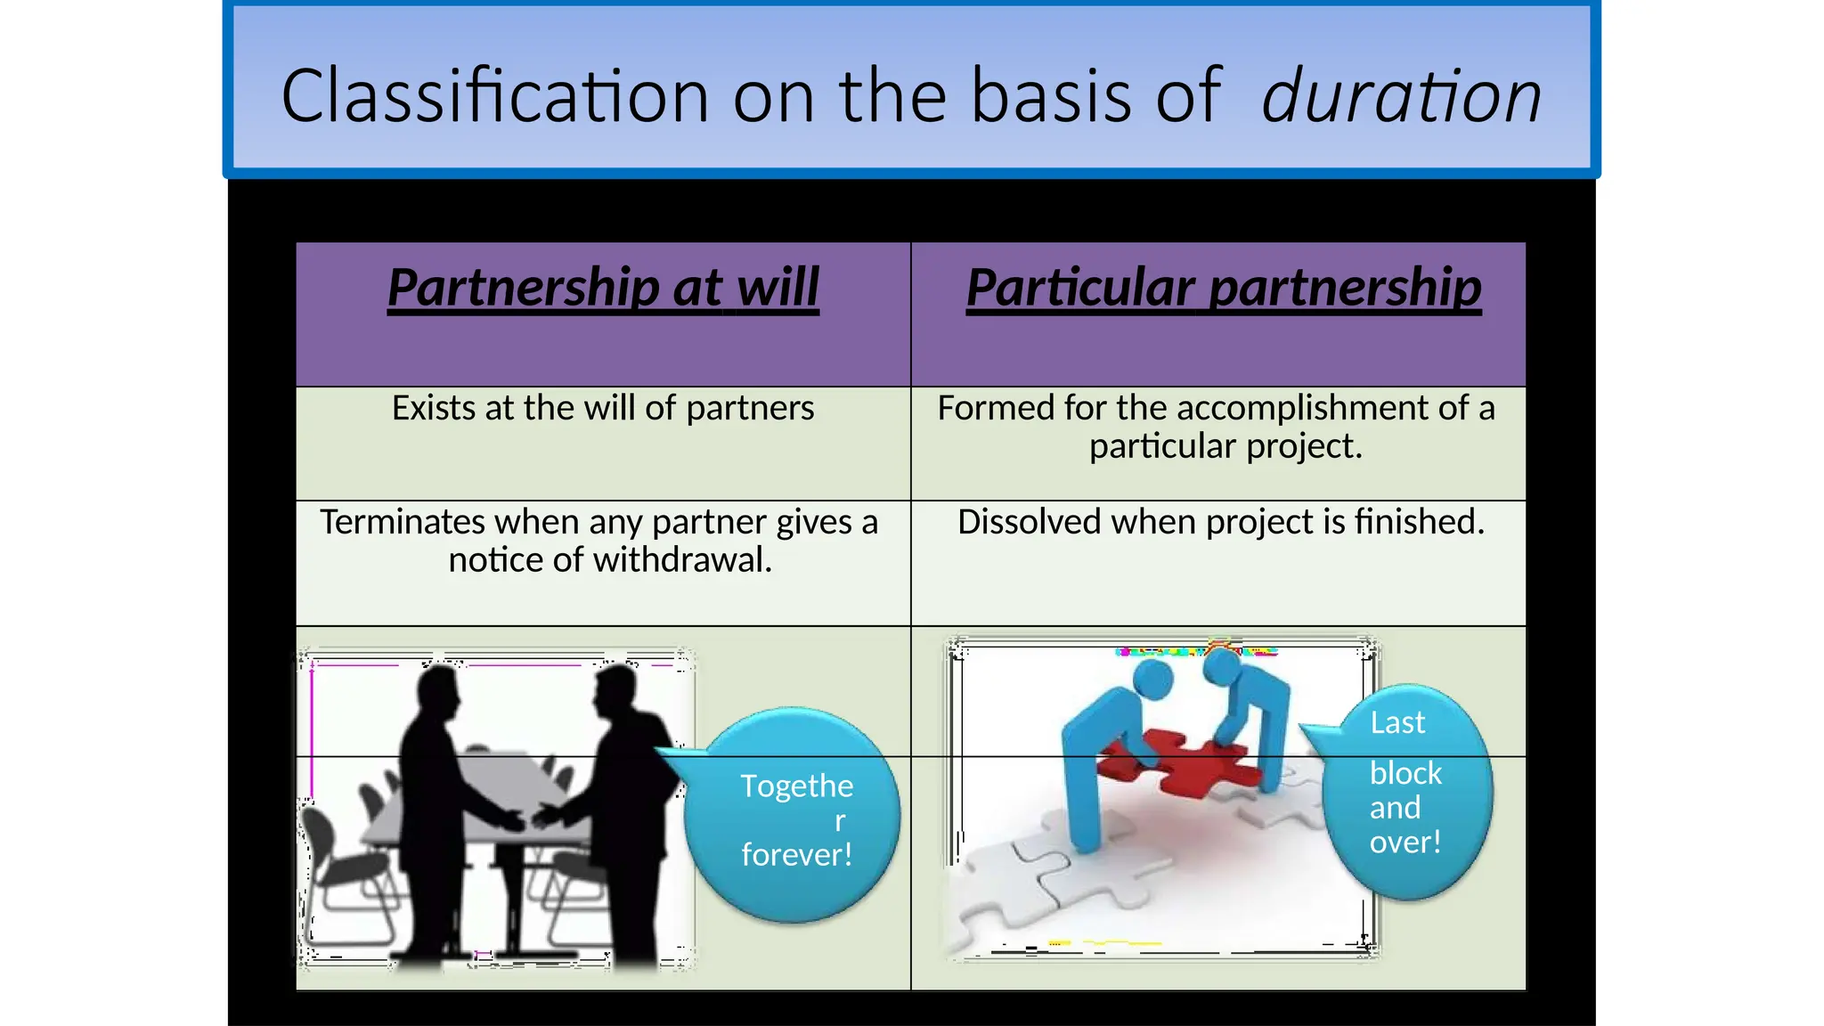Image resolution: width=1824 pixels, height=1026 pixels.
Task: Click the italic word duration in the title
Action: click(1401, 96)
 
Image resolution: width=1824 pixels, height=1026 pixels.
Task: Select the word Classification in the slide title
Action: click(494, 96)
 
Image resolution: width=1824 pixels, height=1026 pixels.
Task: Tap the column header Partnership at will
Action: click(603, 288)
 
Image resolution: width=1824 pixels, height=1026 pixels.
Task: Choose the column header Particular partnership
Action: click(1224, 288)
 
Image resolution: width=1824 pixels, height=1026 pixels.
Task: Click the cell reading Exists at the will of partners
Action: click(603, 408)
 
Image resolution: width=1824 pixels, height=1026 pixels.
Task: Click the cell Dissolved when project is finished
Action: click(1221, 522)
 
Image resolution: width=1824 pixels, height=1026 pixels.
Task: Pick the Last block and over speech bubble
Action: click(1405, 793)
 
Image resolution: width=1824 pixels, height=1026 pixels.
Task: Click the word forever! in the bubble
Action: click(797, 855)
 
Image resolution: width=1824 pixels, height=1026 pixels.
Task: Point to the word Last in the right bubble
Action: click(1397, 722)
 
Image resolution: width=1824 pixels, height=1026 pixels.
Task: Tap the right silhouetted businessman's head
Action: click(616, 691)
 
